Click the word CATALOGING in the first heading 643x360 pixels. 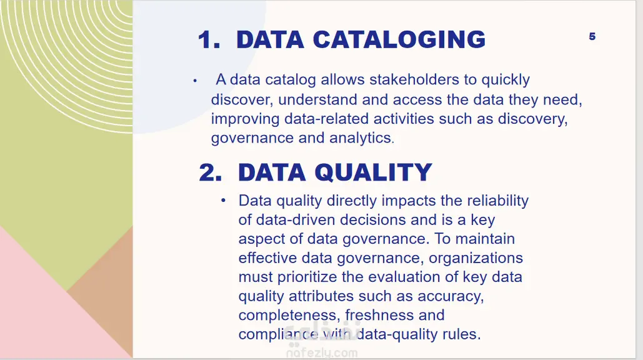(x=399, y=40)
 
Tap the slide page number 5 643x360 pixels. (x=592, y=36)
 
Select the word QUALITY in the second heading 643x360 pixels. (x=373, y=172)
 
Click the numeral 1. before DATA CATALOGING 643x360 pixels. (x=209, y=40)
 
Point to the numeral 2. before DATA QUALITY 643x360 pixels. (x=211, y=172)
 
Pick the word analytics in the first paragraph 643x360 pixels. (x=361, y=137)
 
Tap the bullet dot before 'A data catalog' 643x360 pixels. (x=195, y=81)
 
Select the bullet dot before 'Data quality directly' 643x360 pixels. (x=223, y=201)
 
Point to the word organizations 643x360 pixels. (x=476, y=258)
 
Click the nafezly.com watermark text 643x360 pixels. (x=321, y=352)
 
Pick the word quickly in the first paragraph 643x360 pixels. (x=505, y=79)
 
